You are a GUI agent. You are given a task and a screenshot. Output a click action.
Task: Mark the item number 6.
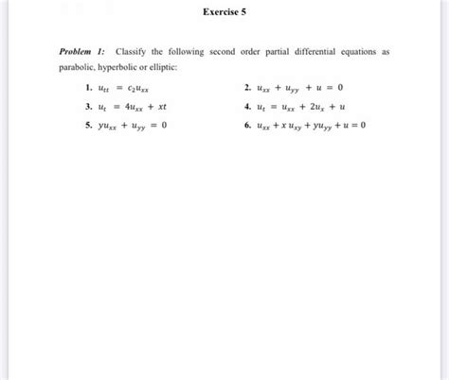click(245, 126)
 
